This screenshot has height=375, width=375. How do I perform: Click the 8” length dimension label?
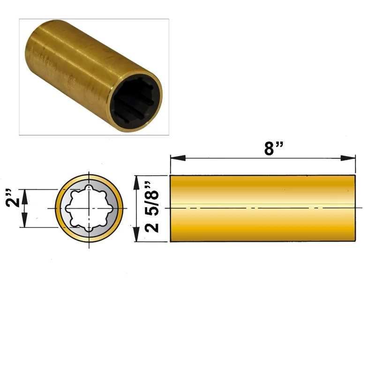point(274,148)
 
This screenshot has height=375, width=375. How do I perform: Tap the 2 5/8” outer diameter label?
point(151,207)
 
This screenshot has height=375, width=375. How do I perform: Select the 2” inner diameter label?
point(13,198)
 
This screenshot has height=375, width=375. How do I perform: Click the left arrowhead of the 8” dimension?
point(178,158)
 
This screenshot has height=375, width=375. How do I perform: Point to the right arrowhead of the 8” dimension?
point(348,158)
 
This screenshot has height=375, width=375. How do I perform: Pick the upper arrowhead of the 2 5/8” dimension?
point(136,183)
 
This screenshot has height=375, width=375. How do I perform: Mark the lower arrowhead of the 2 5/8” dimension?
point(136,234)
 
